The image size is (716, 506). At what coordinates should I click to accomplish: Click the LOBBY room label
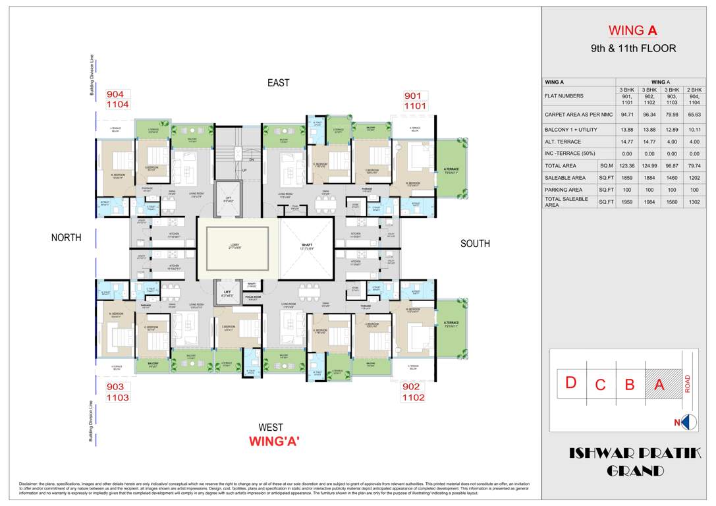click(x=238, y=246)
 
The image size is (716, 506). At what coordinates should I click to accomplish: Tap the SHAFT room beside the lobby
click(x=307, y=246)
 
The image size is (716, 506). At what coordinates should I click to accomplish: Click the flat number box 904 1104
click(x=118, y=99)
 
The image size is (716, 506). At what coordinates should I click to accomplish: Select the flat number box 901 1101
click(x=415, y=101)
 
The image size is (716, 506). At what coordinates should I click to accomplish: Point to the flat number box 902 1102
click(x=414, y=392)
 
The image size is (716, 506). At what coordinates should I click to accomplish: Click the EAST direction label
click(x=278, y=83)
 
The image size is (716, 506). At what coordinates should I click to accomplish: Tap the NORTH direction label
click(x=67, y=238)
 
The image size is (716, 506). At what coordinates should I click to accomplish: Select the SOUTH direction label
click(x=475, y=244)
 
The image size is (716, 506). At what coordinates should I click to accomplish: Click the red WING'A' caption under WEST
click(x=274, y=442)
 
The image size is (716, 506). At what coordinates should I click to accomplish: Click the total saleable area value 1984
click(x=649, y=202)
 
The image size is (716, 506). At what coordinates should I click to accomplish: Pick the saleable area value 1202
click(x=694, y=178)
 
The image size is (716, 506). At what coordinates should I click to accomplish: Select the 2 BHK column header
click(x=694, y=90)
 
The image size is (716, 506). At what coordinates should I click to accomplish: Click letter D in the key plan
click(x=571, y=383)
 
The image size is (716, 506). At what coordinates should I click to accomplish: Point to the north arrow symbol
click(x=688, y=422)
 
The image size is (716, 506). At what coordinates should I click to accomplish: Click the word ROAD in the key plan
click(x=688, y=383)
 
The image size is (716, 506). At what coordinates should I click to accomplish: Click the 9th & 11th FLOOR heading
click(x=633, y=49)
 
